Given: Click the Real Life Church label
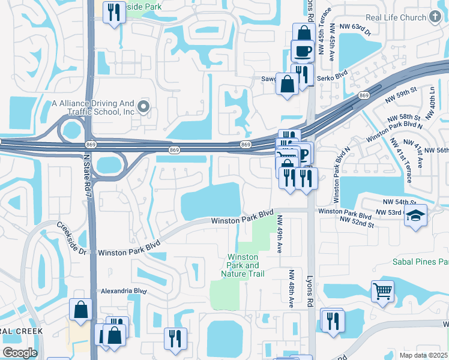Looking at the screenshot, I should tap(396, 17).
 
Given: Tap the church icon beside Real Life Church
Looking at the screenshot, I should tap(436, 17).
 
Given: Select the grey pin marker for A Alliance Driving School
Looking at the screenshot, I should tap(143, 107).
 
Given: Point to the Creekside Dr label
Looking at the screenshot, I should tap(72, 236).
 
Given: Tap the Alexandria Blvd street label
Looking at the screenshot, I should tap(124, 290).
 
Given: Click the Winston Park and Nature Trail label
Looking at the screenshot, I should tap(243, 265).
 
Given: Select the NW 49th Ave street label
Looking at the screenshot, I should tap(280, 235).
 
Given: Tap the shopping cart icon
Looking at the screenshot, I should tap(382, 292).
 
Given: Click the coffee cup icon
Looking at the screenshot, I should tap(303, 50).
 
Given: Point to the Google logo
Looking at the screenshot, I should tap(20, 353).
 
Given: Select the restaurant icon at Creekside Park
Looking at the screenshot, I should tap(113, 12).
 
